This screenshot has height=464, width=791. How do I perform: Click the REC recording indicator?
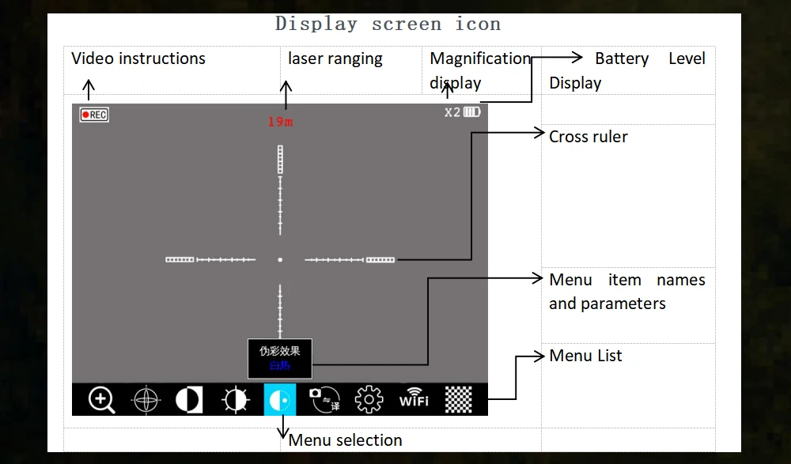click(94, 115)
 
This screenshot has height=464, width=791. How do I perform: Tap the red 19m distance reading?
click(280, 122)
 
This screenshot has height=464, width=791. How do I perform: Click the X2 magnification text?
click(452, 112)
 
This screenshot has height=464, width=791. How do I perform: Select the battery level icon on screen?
click(471, 112)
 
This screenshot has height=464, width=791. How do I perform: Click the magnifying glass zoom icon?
click(101, 400)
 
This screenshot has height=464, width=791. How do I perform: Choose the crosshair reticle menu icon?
click(146, 400)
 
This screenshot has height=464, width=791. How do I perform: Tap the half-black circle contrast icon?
click(188, 400)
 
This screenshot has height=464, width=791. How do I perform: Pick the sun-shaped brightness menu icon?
click(235, 400)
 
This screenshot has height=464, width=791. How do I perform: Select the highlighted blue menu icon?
click(280, 400)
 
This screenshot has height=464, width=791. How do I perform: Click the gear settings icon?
click(369, 400)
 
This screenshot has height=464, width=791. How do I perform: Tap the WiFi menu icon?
click(414, 398)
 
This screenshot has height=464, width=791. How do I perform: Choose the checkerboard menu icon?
click(459, 400)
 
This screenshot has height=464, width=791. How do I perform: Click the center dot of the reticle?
click(280, 259)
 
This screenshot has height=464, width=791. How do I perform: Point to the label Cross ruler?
click(588, 137)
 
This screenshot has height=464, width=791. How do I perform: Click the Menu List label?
click(585, 356)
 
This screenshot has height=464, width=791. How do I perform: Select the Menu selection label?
click(345, 440)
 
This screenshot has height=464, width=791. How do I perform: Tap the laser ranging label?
click(335, 58)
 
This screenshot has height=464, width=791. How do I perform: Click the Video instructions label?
click(138, 58)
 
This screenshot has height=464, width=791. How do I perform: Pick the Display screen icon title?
click(388, 24)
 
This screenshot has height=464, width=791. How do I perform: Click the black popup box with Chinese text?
click(280, 358)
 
